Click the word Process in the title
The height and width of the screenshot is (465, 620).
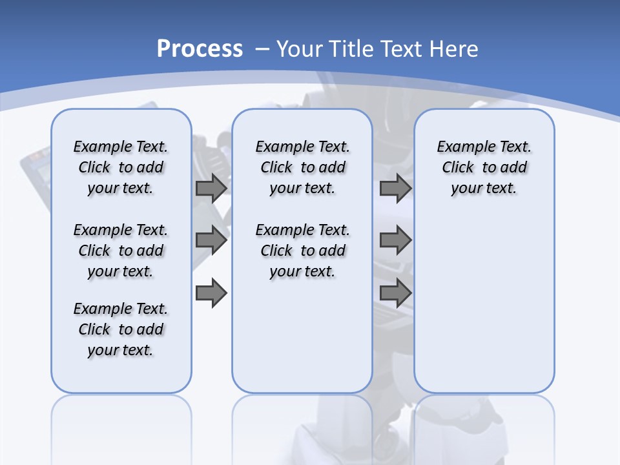coord(200,48)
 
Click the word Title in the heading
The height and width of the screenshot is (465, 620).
coord(353,49)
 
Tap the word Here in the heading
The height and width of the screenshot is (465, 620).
coord(455,49)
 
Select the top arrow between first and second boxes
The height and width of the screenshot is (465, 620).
coord(211,189)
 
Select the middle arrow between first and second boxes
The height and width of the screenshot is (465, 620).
coord(211,240)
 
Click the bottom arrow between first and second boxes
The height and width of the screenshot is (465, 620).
coord(211,293)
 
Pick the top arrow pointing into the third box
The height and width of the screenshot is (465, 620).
coord(395,189)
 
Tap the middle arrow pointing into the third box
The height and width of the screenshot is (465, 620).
coord(395,240)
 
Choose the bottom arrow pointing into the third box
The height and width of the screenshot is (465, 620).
coord(395,293)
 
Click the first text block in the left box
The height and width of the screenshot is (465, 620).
coord(121,167)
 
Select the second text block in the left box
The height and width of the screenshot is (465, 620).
coord(121,251)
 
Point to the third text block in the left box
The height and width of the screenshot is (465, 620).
coord(121,329)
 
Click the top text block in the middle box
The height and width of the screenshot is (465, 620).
coord(302,167)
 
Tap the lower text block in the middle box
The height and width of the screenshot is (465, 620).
coord(302,251)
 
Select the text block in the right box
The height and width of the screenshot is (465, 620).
coord(484,167)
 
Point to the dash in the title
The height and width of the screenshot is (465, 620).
coord(262,49)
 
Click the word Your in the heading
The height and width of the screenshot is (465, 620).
coord(300,49)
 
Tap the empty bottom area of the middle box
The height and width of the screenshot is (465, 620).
coord(302,342)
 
